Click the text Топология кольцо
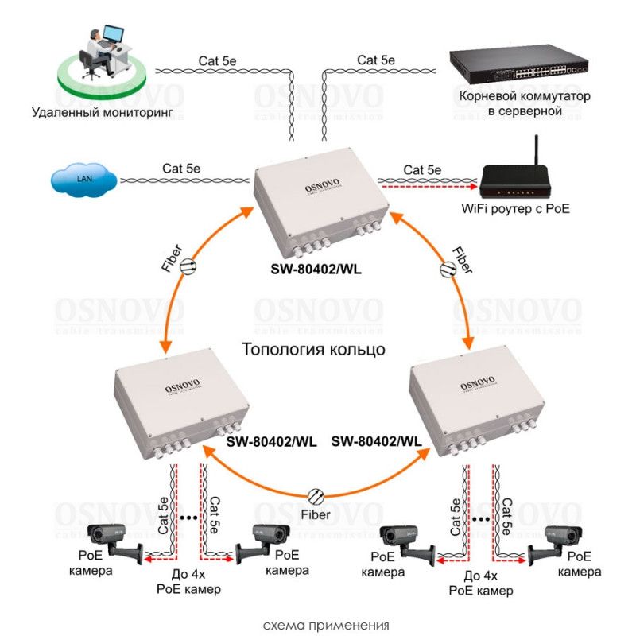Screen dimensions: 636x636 pyautogui.click(x=314, y=349)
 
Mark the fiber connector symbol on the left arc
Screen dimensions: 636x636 pyautogui.click(x=189, y=266)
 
